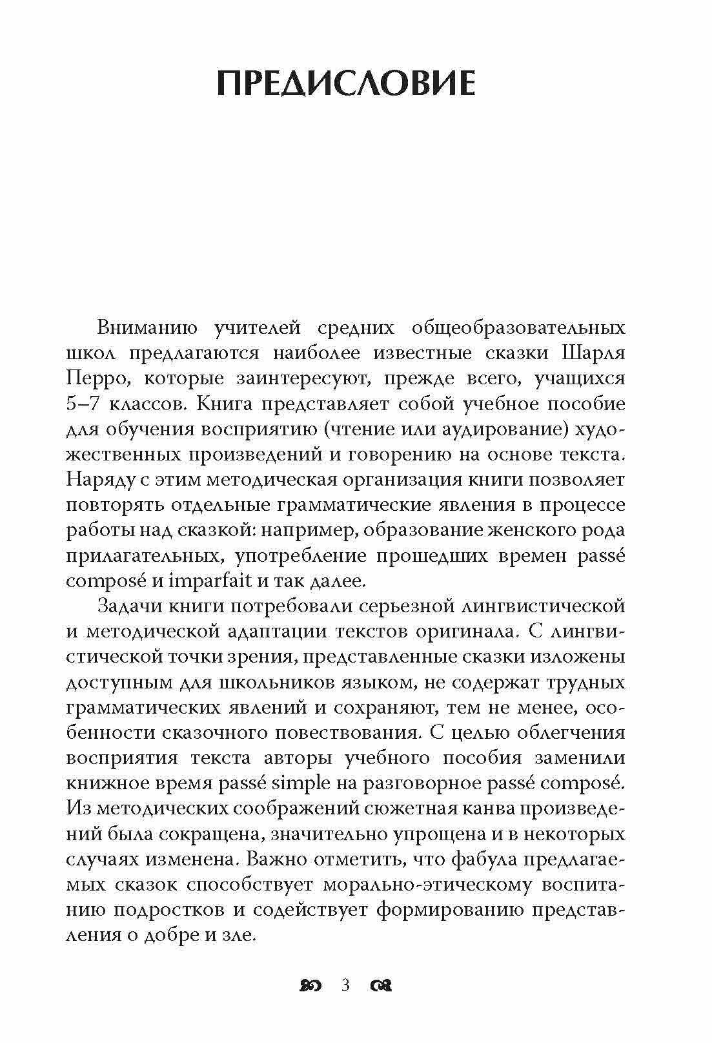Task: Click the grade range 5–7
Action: pos(85,404)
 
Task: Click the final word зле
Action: pos(239,935)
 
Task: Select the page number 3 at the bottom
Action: pos(345,986)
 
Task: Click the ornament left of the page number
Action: pos(312,986)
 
